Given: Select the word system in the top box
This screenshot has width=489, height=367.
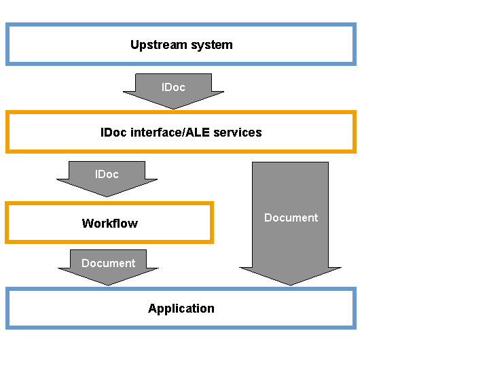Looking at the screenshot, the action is [x=212, y=46].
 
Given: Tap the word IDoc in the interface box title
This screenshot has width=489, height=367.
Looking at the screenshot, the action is [x=113, y=133].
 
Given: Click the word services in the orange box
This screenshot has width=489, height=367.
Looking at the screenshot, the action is [x=238, y=133].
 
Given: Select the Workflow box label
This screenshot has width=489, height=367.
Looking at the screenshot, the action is [x=110, y=224].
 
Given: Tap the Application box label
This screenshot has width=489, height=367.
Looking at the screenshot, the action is [x=181, y=309].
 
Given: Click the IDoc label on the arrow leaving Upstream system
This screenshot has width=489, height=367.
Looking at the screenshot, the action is [x=173, y=87].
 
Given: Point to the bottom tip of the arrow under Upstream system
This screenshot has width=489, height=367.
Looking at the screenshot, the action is [x=174, y=109].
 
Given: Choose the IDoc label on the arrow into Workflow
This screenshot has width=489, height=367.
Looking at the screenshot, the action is [x=107, y=174].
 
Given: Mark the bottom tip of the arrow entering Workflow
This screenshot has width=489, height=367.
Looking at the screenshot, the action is [x=107, y=197].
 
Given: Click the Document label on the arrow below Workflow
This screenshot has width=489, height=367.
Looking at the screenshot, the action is [x=108, y=263].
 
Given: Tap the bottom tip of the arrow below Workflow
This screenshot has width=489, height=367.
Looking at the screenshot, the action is [x=108, y=285].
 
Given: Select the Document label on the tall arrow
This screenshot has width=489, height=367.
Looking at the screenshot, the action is [x=291, y=217].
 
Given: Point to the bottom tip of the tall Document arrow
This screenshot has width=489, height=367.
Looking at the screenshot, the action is [x=291, y=285].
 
